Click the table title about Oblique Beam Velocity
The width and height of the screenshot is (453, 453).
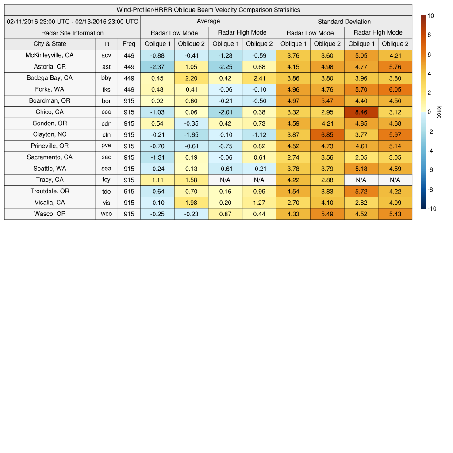pyautogui.click(x=208, y=10)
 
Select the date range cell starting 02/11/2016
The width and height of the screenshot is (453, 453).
pyautogui.click(x=73, y=21)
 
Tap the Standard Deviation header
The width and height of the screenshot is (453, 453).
pyautogui.click(x=344, y=21)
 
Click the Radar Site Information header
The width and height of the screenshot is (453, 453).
pyautogui.click(x=73, y=33)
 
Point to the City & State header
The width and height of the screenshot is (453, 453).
pyautogui.click(x=50, y=44)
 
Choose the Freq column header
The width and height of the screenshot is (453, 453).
pyautogui.click(x=129, y=44)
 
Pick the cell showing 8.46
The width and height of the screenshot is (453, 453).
pyautogui.click(x=361, y=112)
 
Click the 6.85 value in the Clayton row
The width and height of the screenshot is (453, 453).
pyautogui.click(x=327, y=134)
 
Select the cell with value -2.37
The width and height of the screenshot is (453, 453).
pyautogui.click(x=157, y=67)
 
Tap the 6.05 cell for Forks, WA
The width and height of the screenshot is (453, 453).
pyautogui.click(x=395, y=89)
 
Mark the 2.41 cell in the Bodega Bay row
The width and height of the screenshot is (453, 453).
pyautogui.click(x=259, y=78)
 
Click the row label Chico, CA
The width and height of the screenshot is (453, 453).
pyautogui.click(x=50, y=112)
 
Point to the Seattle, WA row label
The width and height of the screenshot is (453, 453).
pyautogui.click(x=50, y=169)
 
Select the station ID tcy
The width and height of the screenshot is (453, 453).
pyautogui.click(x=106, y=180)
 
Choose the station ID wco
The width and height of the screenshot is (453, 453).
pyautogui.click(x=106, y=214)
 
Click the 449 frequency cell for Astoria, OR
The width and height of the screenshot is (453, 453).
pyautogui.click(x=129, y=67)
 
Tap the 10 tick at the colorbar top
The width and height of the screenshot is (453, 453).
pyautogui.click(x=431, y=16)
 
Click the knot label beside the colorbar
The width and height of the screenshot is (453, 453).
pyautogui.click(x=439, y=112)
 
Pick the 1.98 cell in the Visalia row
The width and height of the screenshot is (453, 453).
pyautogui.click(x=191, y=203)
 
